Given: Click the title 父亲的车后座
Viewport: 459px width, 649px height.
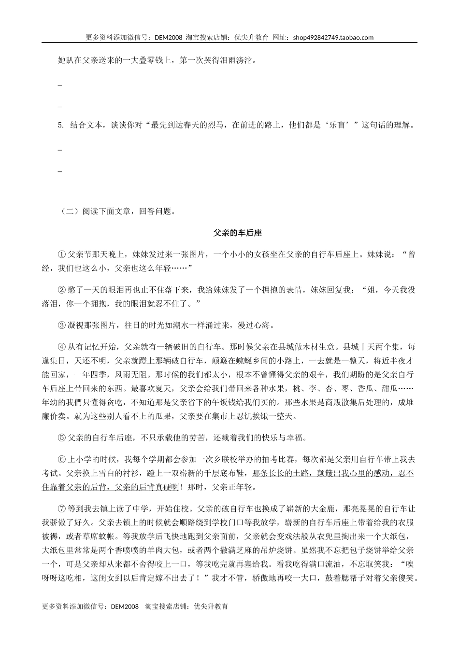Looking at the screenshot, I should click(x=237, y=233).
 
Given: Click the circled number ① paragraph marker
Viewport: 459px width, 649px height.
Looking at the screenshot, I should click(x=61, y=254).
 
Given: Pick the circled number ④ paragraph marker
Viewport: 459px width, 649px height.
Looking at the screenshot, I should click(x=61, y=347).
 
